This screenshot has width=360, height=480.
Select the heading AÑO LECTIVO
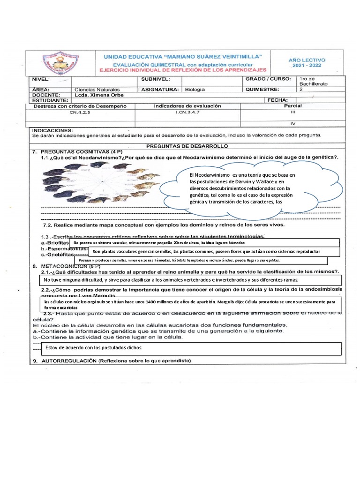pyautogui.click(x=307, y=60)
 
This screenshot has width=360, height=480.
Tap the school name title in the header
pyautogui.click(x=182, y=56)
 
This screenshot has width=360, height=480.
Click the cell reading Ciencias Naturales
pyautogui.click(x=97, y=89)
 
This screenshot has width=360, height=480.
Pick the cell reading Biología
pyautogui.click(x=195, y=89)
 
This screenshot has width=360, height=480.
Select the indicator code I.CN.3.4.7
pyautogui.click(x=187, y=112)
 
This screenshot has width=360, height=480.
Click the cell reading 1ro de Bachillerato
pyautogui.click(x=313, y=81)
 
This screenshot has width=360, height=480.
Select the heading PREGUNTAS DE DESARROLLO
pyautogui.click(x=187, y=146)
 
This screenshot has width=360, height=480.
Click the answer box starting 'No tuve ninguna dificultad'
pyautogui.click(x=189, y=280)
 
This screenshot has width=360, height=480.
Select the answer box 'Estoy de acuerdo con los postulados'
pyautogui.click(x=189, y=348)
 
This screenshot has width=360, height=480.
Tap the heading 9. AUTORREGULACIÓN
pyautogui.click(x=112, y=361)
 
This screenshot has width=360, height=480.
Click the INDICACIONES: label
pyautogui.click(x=52, y=129)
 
